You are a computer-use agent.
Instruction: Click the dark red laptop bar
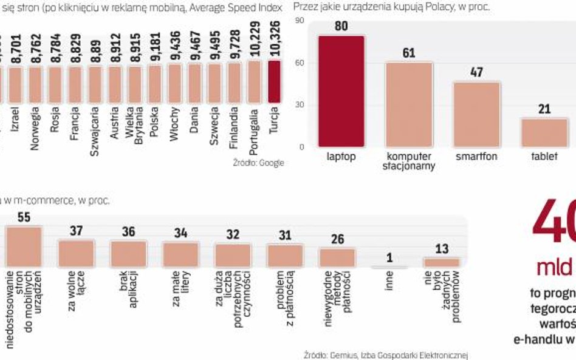click(341, 91)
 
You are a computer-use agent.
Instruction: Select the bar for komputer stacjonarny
click(409, 104)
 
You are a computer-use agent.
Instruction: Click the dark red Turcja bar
click(275, 81)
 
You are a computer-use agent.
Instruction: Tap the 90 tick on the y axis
click(299, 21)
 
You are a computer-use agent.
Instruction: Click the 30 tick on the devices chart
click(299, 105)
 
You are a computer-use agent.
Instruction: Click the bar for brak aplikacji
click(128, 254)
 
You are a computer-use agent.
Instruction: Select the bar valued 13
click(442, 262)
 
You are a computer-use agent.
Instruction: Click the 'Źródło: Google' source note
click(258, 163)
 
